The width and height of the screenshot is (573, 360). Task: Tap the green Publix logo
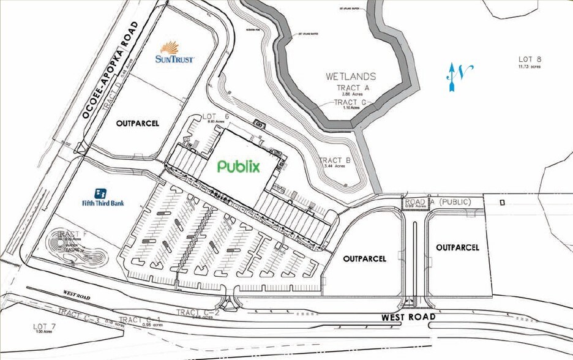point(239,166)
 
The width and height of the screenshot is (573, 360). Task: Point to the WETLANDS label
point(350,77)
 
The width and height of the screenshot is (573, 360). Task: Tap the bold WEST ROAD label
point(408,317)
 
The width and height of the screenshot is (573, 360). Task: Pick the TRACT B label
point(335,161)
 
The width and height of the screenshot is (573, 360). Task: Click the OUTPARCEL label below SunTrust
point(137,123)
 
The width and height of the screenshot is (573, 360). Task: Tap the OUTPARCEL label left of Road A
point(365,258)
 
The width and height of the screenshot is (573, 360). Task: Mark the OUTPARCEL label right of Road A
point(457,247)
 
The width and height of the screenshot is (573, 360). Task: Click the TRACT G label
point(350,102)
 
